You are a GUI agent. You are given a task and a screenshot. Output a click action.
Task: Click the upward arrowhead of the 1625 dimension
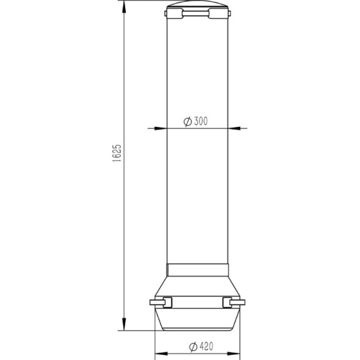click(x=124, y=5)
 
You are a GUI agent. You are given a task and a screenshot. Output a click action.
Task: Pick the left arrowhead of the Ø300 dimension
click(x=164, y=129)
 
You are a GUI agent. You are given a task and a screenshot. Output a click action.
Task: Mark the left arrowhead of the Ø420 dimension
click(x=156, y=353)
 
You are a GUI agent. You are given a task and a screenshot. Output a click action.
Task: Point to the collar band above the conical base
click(x=198, y=269)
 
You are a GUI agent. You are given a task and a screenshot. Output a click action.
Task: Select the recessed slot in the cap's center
click(x=198, y=13)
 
